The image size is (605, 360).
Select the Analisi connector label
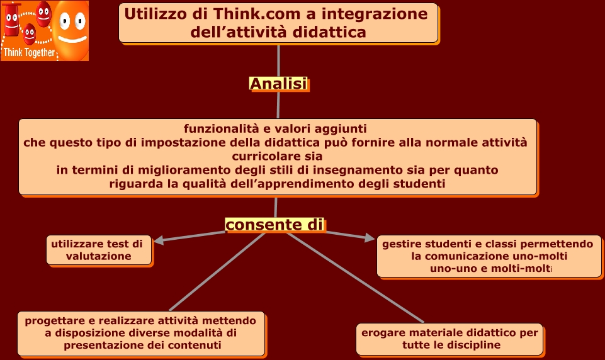[x=278, y=84]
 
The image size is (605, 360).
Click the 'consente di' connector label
[x=274, y=225]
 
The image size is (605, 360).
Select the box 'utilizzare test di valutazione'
[x=99, y=250]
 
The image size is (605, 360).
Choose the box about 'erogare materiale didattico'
[x=449, y=339]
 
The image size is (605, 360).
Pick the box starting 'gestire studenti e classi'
[x=489, y=256]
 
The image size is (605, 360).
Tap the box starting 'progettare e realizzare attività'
[x=141, y=333]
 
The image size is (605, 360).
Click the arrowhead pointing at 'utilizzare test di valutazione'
[x=160, y=240]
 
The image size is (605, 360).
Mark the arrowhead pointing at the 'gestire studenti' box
[x=369, y=238]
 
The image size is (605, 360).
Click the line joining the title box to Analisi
[x=278, y=60]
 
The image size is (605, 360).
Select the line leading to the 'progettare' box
[x=214, y=272]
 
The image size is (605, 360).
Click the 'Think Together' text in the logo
[x=29, y=53]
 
